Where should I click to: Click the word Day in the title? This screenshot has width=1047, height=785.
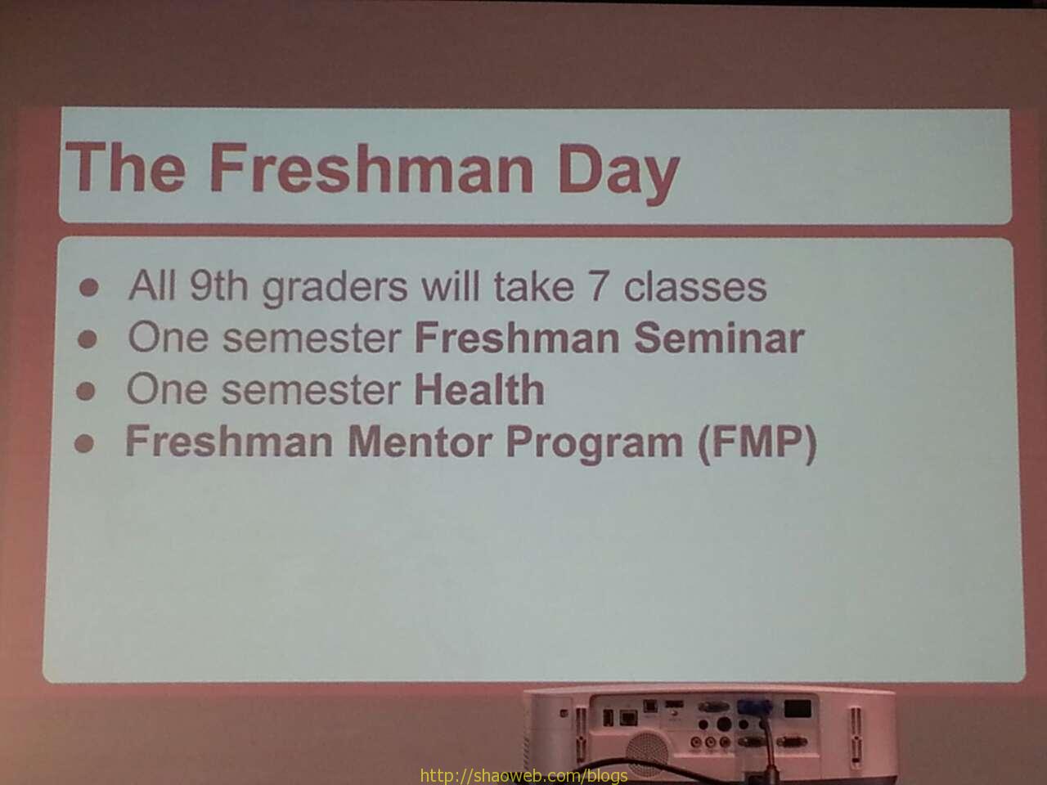point(618,172)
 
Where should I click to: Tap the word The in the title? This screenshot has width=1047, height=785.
point(125,167)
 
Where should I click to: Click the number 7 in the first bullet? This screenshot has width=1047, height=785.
point(599,286)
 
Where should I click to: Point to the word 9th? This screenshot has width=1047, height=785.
point(218,285)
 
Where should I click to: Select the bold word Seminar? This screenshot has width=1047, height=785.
point(719,338)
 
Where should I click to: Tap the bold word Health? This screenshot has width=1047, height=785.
point(479,388)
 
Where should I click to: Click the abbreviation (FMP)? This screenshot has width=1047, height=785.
point(757,443)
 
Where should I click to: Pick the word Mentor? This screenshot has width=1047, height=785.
point(420,442)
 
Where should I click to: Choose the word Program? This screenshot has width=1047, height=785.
point(595,443)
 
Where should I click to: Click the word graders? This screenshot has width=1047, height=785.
point(335,287)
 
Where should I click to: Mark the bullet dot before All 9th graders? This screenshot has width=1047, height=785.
point(88,287)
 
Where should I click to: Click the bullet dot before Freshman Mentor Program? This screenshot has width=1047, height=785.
point(84,443)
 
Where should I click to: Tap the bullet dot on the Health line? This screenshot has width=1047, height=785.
point(86,392)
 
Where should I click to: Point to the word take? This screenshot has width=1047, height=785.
point(534,286)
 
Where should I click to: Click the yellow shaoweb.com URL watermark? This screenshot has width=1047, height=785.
point(523,775)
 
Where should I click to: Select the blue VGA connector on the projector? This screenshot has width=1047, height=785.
point(754,706)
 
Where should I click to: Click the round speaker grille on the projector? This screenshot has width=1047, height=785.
point(647,754)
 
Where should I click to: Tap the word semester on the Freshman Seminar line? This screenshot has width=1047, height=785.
point(312,338)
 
